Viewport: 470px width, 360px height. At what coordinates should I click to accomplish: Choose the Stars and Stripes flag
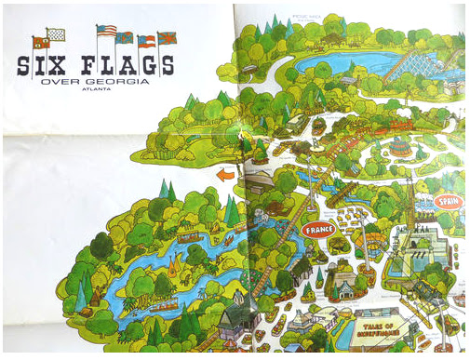106,31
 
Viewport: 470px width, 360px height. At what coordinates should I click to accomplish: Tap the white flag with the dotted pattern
57,33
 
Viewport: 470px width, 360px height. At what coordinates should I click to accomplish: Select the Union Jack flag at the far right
168,38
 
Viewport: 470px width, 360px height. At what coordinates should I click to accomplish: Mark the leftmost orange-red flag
40,42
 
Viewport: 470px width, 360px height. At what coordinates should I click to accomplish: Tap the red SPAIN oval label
450,201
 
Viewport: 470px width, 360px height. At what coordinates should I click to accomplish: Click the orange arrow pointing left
224,174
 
